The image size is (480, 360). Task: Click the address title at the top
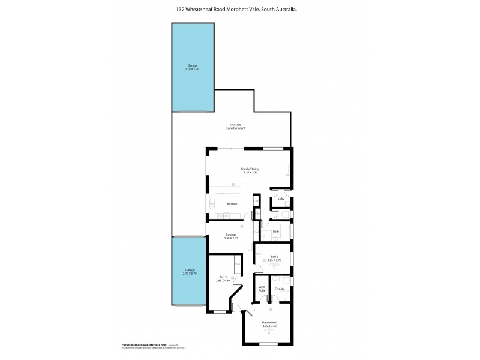(x=239, y=9)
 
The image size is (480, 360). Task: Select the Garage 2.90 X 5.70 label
(x=189, y=272)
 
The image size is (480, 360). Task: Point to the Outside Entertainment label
(x=236, y=127)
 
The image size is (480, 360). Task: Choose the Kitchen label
(x=232, y=204)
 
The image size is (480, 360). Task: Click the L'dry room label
(x=280, y=199)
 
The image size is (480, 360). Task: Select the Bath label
(x=276, y=231)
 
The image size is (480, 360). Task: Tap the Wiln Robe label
(x=262, y=289)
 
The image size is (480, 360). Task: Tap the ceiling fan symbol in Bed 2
(x=274, y=266)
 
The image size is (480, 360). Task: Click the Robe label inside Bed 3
(x=237, y=265)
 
